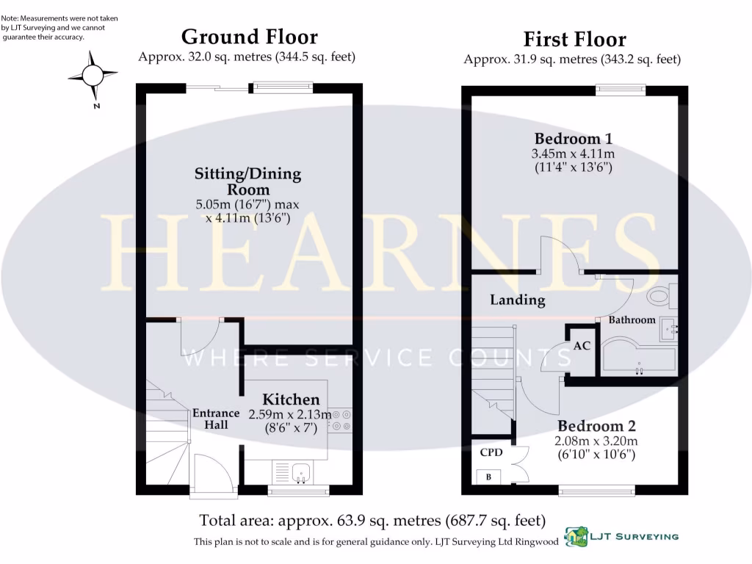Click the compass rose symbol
[x=93, y=75]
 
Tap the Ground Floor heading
[x=249, y=37]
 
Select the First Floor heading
[x=574, y=39]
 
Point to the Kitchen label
[x=291, y=399]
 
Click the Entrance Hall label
[x=216, y=419]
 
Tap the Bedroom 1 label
[x=573, y=138]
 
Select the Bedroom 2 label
[x=596, y=426]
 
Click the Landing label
[x=518, y=300]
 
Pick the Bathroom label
[x=632, y=319]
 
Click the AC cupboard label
[x=582, y=345]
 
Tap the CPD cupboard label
[x=491, y=452]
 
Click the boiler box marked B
[x=488, y=477]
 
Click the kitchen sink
[x=300, y=472]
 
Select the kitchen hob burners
[x=341, y=420]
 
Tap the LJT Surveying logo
[x=621, y=537]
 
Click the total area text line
[x=372, y=521]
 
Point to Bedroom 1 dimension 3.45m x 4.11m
[x=573, y=154]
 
